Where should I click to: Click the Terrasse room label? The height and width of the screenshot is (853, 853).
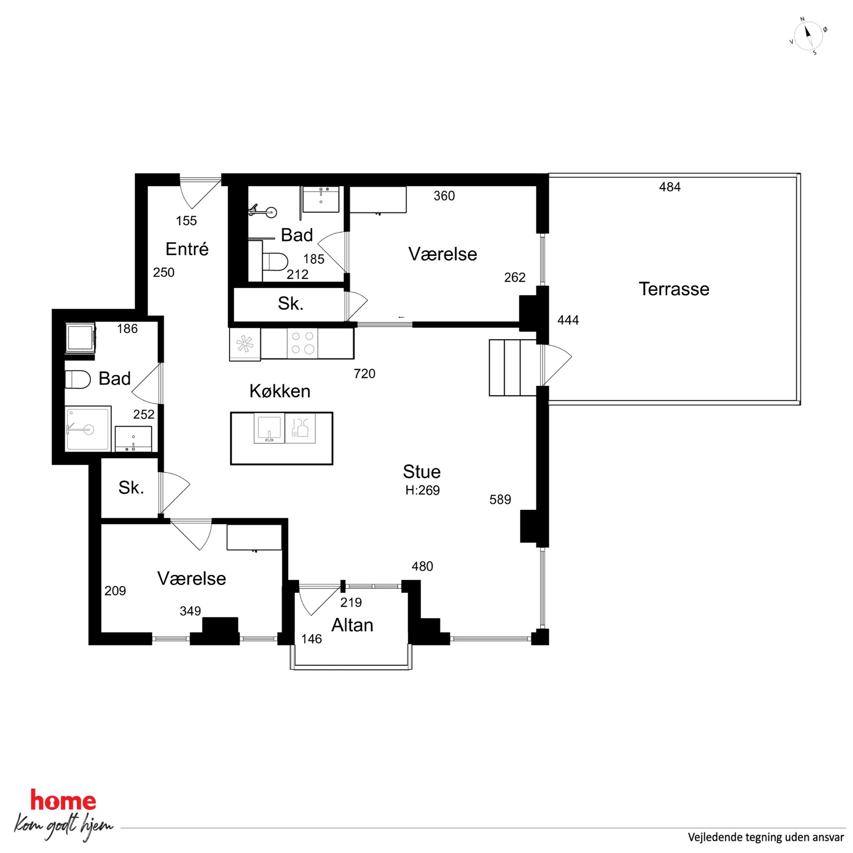(674, 289)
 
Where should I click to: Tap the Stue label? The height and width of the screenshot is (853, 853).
(422, 472)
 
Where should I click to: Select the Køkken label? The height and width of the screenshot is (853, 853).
(280, 391)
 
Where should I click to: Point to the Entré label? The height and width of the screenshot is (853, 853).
(187, 249)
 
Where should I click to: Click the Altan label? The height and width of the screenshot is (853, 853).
(352, 625)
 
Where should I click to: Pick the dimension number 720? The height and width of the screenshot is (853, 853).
(365, 374)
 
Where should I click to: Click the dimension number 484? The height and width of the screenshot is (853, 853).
(670, 187)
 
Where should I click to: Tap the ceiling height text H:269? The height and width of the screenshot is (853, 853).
(423, 491)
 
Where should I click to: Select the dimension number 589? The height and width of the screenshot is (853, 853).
(500, 499)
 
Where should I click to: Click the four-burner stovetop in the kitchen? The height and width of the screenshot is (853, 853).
(303, 343)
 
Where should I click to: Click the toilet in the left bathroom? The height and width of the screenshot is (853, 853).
(78, 379)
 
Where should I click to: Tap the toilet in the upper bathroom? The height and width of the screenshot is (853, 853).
(275, 262)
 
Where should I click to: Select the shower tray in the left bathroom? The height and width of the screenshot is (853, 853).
(87, 429)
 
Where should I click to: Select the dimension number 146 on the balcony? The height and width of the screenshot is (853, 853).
(312, 639)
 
